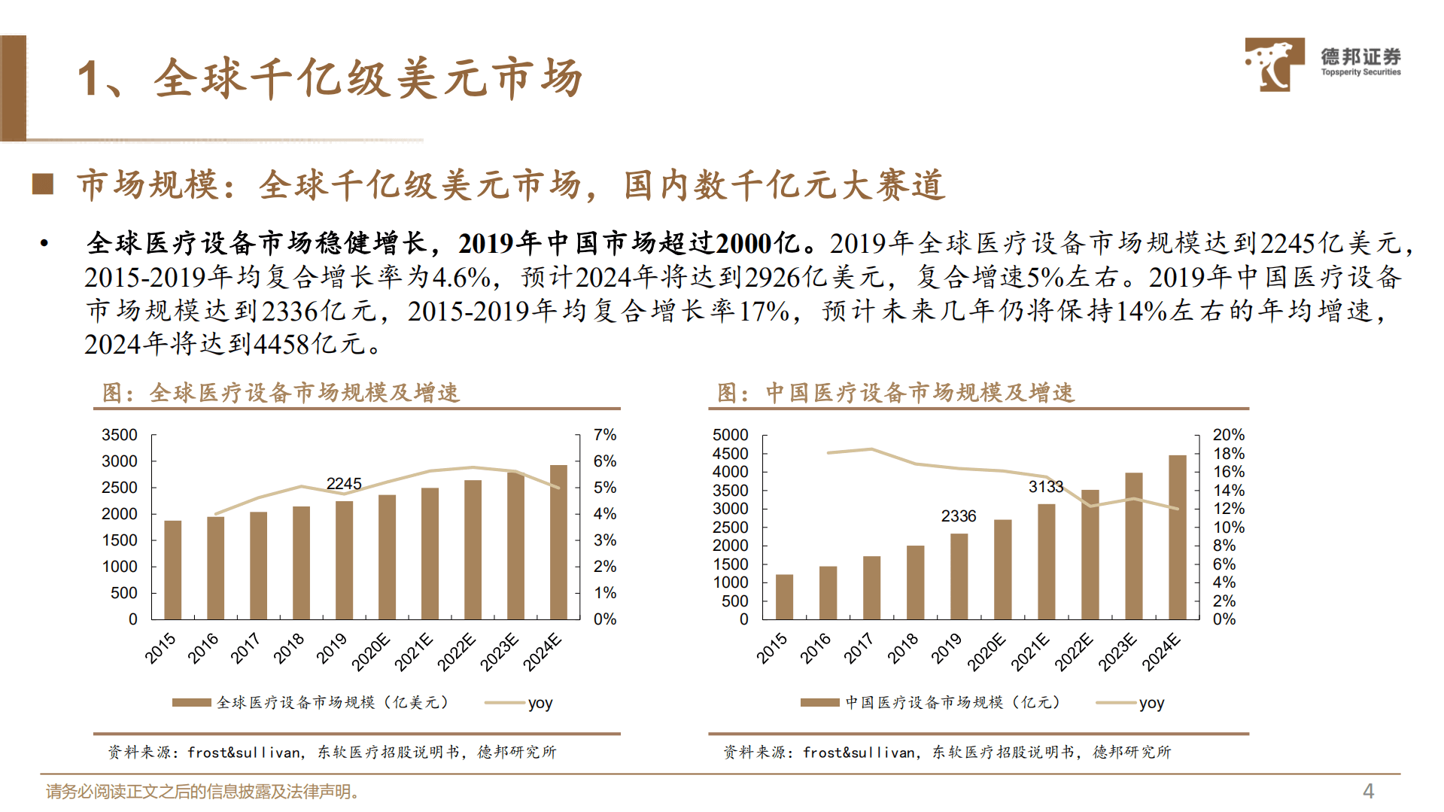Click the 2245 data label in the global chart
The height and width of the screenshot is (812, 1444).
(x=344, y=483)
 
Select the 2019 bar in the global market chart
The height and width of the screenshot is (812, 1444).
(x=344, y=560)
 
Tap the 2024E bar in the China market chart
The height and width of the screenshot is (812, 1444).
(x=1177, y=537)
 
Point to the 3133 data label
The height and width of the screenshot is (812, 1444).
(x=1046, y=487)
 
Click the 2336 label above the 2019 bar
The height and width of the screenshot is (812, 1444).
(x=958, y=516)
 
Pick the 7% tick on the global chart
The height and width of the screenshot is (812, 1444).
(x=604, y=435)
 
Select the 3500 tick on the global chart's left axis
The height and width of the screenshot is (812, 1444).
(x=120, y=435)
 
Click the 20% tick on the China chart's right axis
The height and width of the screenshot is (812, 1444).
(x=1228, y=435)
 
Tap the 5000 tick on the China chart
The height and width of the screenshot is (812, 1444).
(x=730, y=435)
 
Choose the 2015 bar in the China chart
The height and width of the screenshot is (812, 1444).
(x=784, y=597)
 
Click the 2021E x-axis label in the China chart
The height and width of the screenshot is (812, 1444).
(x=1029, y=652)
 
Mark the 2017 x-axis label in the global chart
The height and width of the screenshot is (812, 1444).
(x=245, y=648)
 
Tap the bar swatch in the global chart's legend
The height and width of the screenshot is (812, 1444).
(x=191, y=702)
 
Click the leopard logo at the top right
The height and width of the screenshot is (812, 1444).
(x=1274, y=65)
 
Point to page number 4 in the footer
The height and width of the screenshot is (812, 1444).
(x=1368, y=791)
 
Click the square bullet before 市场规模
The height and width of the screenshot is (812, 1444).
(x=43, y=184)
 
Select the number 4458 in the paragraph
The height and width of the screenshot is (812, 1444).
(x=281, y=345)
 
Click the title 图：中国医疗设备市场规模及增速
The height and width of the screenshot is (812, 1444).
(x=895, y=392)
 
